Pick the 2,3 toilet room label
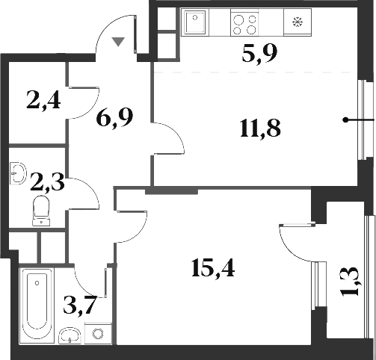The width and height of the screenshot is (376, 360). click(x=47, y=180)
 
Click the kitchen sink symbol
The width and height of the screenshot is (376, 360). click(x=197, y=22)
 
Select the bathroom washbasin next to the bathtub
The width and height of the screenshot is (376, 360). click(x=70, y=334)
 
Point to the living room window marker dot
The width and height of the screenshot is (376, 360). click(x=345, y=120)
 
